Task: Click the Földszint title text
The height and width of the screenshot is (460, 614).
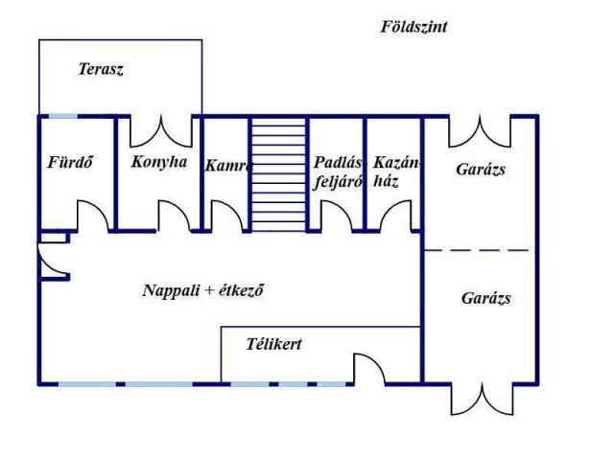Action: tap(413, 27)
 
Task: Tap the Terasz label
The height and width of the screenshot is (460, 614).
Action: tap(101, 69)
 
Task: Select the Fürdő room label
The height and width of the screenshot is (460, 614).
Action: tap(70, 162)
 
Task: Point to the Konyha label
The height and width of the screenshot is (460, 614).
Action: tap(159, 162)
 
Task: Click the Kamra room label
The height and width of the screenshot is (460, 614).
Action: tap(228, 166)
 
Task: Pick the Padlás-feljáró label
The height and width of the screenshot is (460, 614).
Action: tap(339, 172)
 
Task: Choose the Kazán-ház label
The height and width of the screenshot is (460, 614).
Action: tap(396, 172)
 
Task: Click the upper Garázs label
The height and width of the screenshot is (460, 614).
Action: tap(481, 170)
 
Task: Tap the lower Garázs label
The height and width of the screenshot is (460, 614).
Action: tap(486, 298)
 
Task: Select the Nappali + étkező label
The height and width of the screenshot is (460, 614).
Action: tap(203, 290)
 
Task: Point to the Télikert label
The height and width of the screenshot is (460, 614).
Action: tap(274, 344)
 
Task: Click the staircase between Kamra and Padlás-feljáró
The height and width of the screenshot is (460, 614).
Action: tap(278, 174)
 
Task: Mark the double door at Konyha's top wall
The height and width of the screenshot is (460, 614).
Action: tap(161, 131)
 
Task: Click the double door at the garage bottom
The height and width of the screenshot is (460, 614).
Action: tap(482, 399)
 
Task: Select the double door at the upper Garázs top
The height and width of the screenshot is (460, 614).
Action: tap(480, 131)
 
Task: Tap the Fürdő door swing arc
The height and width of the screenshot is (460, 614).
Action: tap(93, 216)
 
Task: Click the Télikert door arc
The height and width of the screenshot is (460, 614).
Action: tap(369, 369)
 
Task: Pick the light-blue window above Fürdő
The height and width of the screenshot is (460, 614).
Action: tap(62, 116)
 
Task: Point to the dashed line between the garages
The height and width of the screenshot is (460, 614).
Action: tap(477, 250)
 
